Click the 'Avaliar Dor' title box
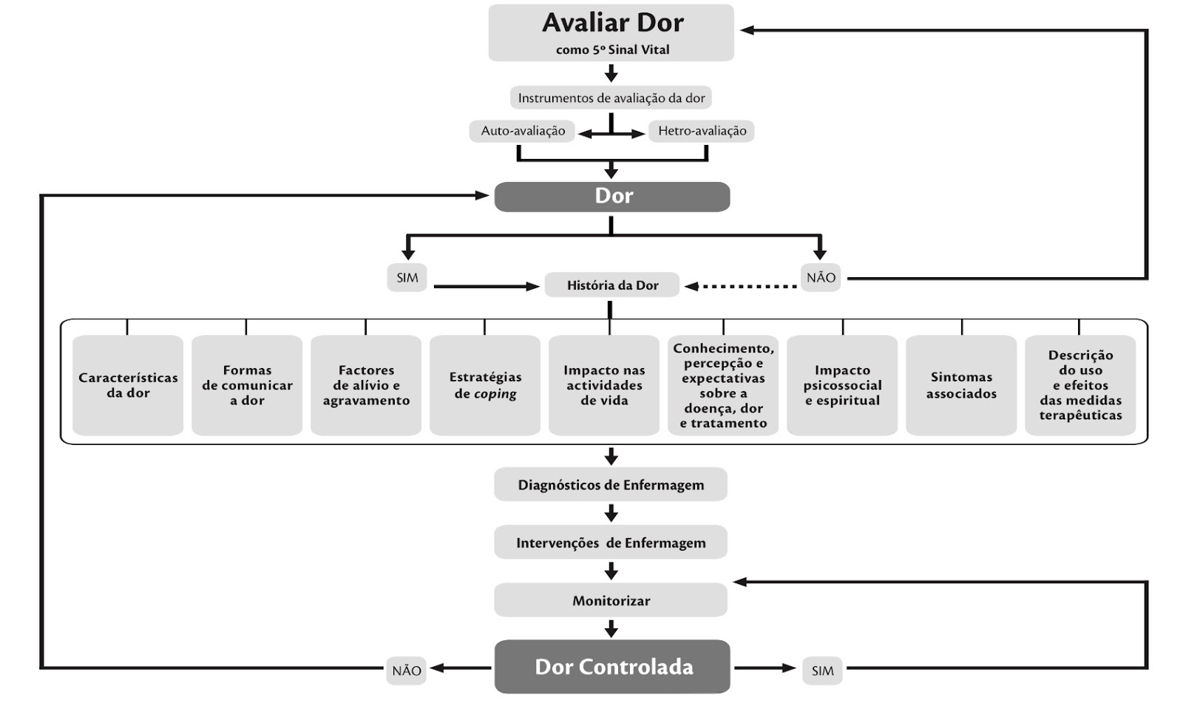click(611, 33)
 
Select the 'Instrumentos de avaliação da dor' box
click(611, 98)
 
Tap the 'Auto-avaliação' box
click(523, 131)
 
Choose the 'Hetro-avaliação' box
click(702, 131)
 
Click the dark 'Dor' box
click(612, 197)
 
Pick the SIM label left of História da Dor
click(407, 278)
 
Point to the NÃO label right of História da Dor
click(821, 278)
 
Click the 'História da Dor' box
click(612, 285)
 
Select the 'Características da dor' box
click(128, 385)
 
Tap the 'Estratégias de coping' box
click(485, 385)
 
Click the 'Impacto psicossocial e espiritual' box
click(842, 385)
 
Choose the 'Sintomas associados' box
click(961, 385)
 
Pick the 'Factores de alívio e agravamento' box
click(366, 385)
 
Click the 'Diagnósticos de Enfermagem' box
click(611, 485)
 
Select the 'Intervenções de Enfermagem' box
click(611, 543)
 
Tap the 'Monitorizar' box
click(611, 600)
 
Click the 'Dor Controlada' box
click(612, 667)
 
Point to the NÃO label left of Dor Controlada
click(407, 670)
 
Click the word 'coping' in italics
click(495, 394)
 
